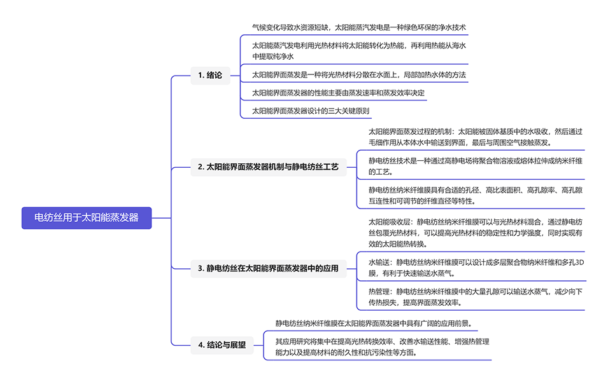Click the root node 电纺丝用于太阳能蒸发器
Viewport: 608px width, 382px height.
pyautogui.click(x=87, y=217)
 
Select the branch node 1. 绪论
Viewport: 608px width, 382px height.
pyautogui.click(x=209, y=75)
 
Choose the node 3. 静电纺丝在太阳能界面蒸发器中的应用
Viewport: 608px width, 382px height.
pyautogui.click(x=272, y=269)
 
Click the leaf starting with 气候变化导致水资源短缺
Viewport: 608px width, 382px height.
pyautogui.click(x=358, y=27)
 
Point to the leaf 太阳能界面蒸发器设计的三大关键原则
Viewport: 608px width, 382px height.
pyautogui.click(x=311, y=111)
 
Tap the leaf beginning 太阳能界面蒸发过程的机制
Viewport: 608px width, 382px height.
pyautogui.click(x=475, y=137)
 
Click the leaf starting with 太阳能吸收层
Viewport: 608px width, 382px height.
pyautogui.click(x=475, y=232)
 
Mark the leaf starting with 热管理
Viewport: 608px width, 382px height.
pyautogui.click(x=475, y=297)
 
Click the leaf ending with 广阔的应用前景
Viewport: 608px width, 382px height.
pyautogui.click(x=373, y=324)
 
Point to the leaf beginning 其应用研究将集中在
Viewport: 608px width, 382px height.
pyautogui.click(x=382, y=346)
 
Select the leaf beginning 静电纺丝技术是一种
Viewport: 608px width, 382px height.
pyautogui.click(x=475, y=167)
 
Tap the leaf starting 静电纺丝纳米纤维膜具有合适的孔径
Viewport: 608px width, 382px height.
pyautogui.click(x=475, y=195)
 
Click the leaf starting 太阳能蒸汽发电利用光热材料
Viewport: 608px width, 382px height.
pyautogui.click(x=359, y=51)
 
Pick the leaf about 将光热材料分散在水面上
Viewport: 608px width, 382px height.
pyautogui.click(x=359, y=75)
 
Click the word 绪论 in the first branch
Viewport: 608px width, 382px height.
pyautogui.click(x=214, y=75)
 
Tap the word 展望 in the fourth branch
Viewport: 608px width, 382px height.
pyautogui.click(x=237, y=346)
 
